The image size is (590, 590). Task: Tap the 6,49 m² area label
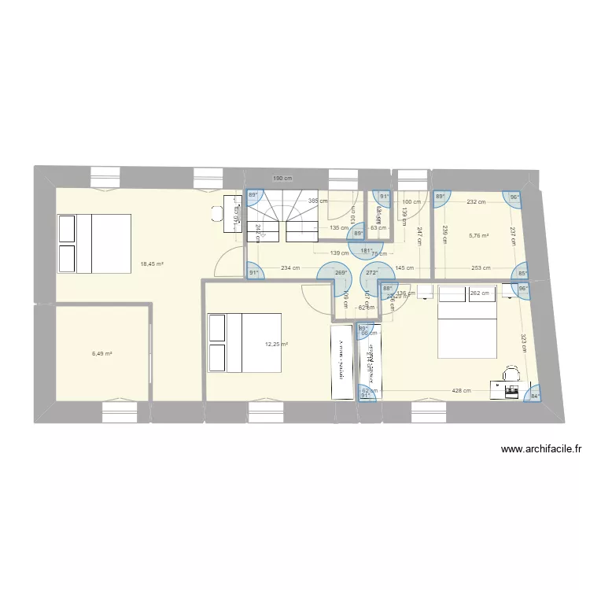click(102, 354)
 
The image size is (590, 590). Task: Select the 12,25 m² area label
click(276, 345)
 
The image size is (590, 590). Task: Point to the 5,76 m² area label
click(478, 235)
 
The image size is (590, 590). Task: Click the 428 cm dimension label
click(462, 391)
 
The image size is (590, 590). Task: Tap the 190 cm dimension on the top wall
click(282, 179)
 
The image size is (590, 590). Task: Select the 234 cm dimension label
click(290, 268)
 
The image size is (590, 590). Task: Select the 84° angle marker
click(535, 396)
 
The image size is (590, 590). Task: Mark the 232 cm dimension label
click(475, 203)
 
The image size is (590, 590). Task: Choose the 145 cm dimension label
click(405, 268)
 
